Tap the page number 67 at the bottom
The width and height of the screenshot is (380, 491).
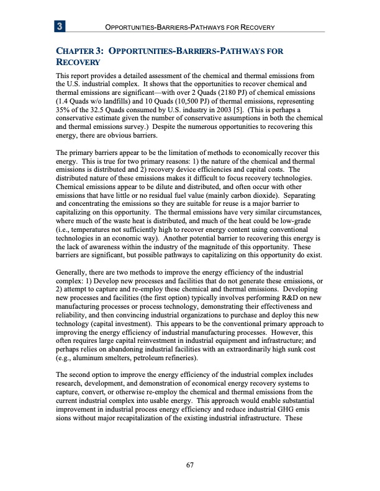190,467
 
